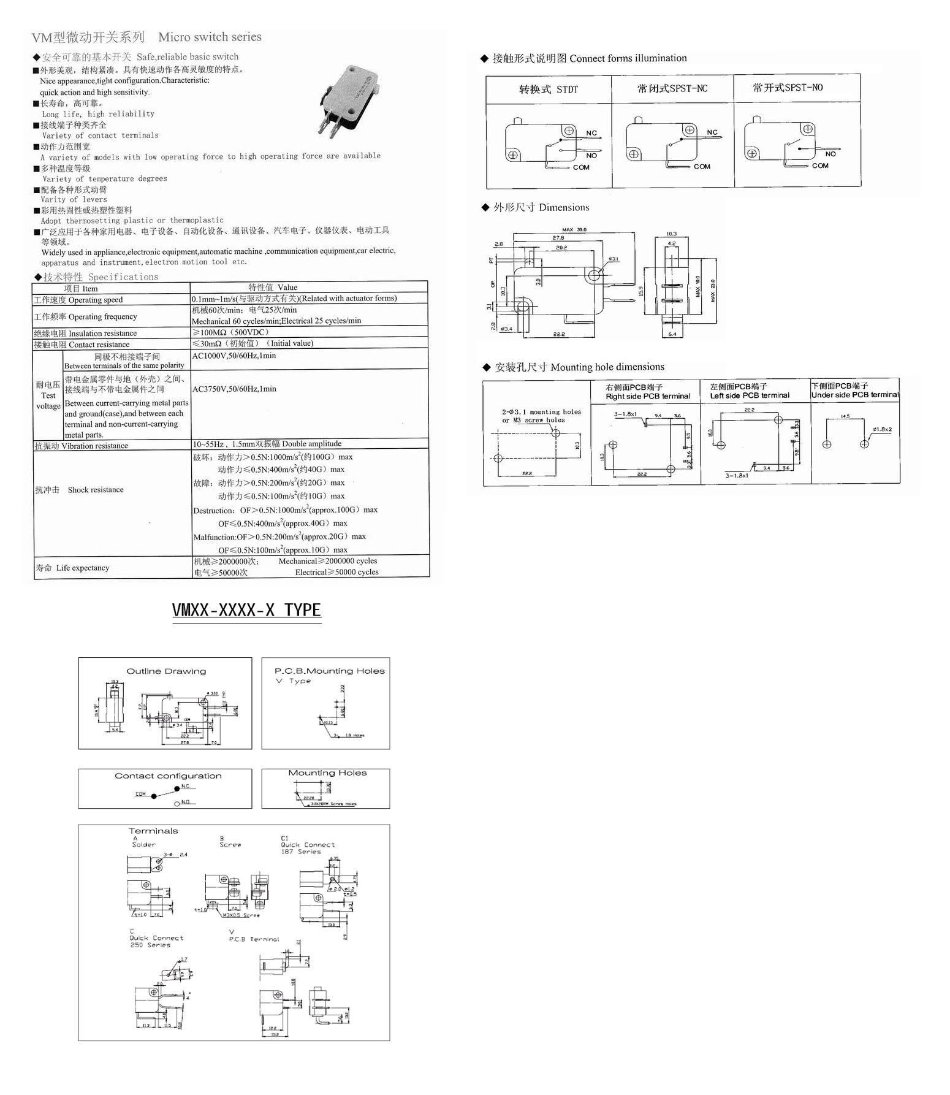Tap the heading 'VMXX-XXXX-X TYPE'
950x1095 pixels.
(246, 610)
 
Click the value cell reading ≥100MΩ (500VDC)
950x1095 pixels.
(230, 332)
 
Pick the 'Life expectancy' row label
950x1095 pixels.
(72, 568)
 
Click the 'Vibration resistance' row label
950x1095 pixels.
(82, 446)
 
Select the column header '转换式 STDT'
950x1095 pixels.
(549, 90)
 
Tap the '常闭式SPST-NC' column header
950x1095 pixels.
(672, 89)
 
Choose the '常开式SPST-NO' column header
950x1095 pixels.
(788, 88)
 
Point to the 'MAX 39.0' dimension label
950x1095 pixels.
(574, 230)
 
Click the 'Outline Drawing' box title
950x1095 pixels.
(166, 671)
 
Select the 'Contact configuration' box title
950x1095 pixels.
(168, 776)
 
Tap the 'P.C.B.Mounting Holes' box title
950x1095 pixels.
(330, 671)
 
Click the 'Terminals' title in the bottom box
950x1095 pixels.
(153, 831)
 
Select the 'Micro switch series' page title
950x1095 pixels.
(210, 37)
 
